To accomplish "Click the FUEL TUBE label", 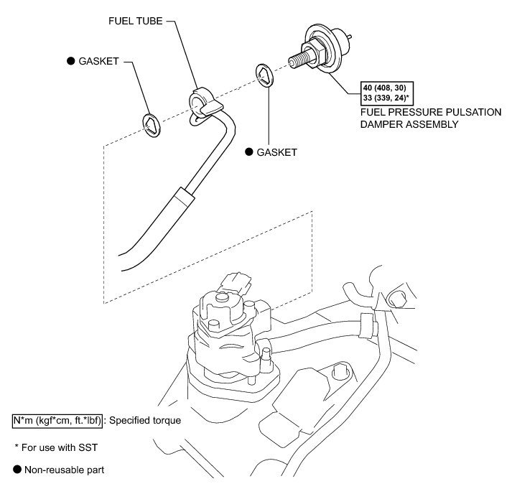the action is pos(135,22).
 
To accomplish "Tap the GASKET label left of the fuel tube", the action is pos(98,61).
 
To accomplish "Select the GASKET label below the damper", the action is pos(277,152).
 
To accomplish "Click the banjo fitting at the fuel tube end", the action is pos(205,104).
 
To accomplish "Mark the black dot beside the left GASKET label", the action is pos(70,61).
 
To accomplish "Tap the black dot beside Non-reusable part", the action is pos(17,470).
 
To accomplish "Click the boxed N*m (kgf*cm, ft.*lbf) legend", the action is pos(57,421).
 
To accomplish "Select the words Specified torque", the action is pos(145,421).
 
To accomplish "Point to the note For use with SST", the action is pos(56,447).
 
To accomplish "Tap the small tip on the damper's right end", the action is pos(350,37).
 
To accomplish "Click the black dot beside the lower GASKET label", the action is pos(248,152).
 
